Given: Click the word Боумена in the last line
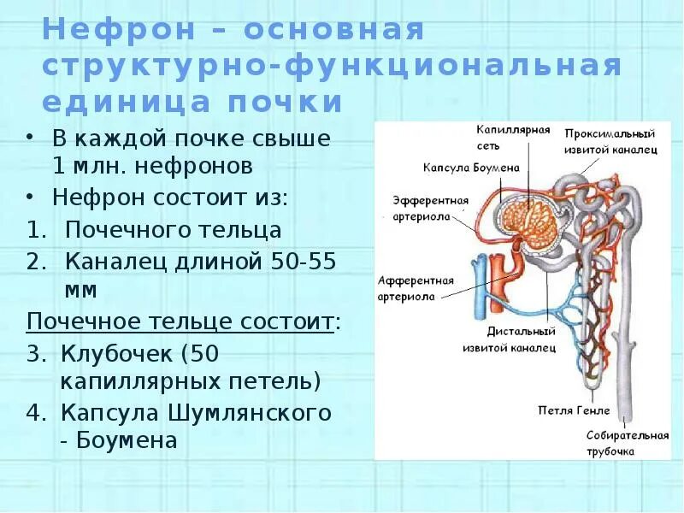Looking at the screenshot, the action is click(128, 440).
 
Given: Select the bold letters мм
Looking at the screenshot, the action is click(81, 290).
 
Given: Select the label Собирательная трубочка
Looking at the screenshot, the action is click(627, 443).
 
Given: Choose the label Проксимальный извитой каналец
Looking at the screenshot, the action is click(610, 143).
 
